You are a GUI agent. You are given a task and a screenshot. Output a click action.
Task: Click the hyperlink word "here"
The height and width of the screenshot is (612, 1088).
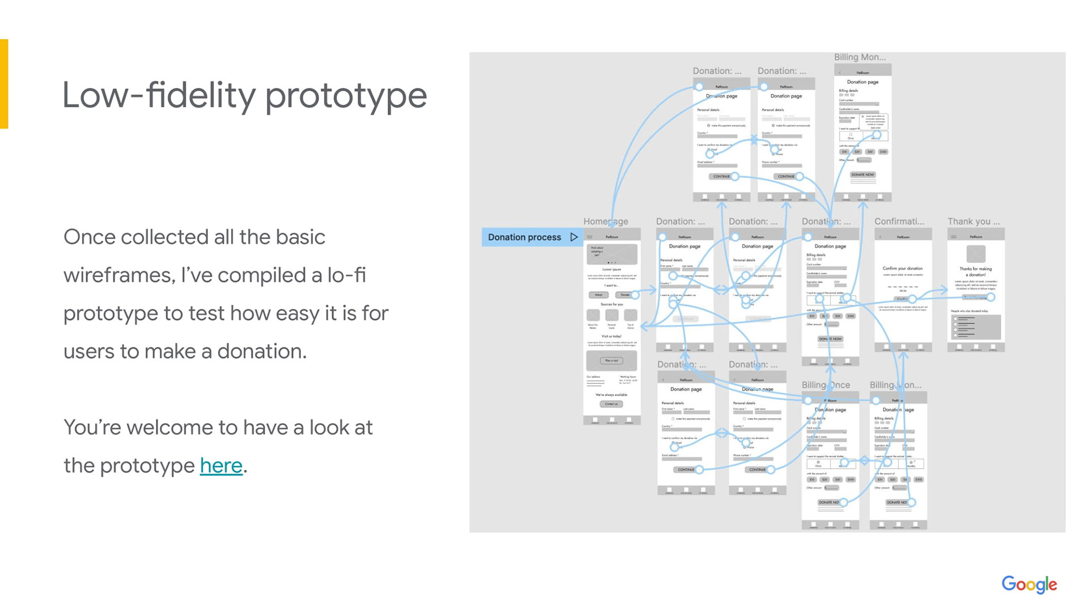221,466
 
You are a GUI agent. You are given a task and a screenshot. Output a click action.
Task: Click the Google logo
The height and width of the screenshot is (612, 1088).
1028,584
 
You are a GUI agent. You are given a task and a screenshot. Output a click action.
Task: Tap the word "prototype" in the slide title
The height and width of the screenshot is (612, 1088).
346,95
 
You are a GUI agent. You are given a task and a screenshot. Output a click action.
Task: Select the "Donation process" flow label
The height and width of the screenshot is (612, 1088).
524,237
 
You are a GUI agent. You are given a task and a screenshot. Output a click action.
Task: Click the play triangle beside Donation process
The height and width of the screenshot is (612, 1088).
574,237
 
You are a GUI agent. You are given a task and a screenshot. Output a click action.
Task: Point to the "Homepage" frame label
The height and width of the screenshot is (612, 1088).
605,222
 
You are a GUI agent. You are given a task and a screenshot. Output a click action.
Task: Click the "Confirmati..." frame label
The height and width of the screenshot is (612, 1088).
899,222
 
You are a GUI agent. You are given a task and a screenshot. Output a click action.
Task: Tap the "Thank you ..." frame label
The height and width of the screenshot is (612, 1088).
974,222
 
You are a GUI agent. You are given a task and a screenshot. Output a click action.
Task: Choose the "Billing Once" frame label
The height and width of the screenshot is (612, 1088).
826,385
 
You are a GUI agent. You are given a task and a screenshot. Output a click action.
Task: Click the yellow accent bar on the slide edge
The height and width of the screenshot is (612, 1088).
4,84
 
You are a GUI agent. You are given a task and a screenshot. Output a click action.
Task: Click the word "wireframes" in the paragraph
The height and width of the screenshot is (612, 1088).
117,275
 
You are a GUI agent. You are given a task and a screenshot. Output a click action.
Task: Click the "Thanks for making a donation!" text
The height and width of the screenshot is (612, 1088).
975,271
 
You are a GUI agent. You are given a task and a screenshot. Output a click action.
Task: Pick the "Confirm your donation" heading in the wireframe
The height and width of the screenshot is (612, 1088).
903,269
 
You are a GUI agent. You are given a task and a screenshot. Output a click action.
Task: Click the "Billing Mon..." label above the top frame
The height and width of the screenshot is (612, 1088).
860,57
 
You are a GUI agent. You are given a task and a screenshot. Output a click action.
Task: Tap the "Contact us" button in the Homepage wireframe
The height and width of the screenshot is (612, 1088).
611,404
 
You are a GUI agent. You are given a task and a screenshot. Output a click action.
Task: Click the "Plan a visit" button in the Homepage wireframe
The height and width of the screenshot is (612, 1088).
611,360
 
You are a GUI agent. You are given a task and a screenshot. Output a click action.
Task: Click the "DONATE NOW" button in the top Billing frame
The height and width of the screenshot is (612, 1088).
862,175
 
